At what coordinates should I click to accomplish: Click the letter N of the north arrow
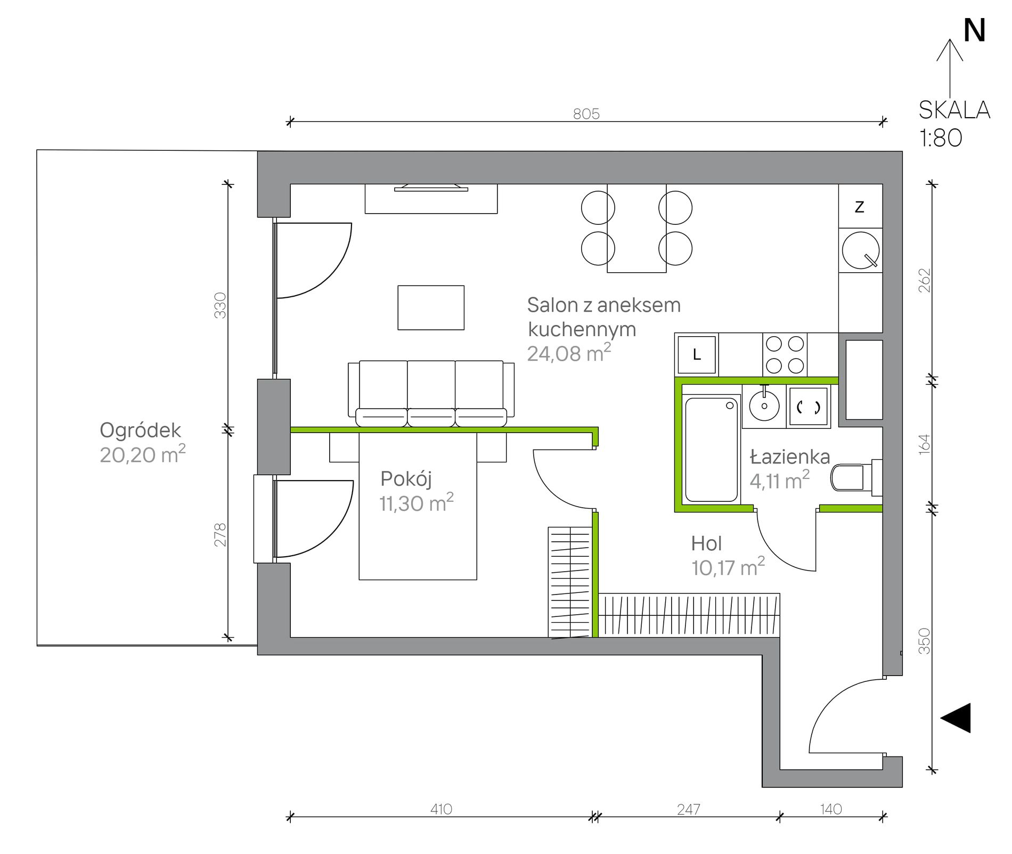pos(974,30)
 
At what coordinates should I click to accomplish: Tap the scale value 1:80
pos(941,138)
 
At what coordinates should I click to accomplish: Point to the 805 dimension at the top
pos(586,114)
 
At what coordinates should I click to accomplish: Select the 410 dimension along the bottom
pos(441,809)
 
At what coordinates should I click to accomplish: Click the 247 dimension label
pos(688,809)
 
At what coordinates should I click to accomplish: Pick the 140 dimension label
pos(831,809)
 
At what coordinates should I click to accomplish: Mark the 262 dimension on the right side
pos(925,280)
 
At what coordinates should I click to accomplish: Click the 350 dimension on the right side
pos(925,641)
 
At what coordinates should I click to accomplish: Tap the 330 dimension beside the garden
pos(220,305)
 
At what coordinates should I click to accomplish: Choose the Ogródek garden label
pos(141,430)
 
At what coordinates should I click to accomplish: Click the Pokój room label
pos(406,479)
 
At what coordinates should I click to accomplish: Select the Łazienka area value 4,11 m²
pos(780,481)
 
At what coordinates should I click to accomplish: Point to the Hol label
pos(706,543)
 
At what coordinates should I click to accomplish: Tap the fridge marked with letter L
pos(697,355)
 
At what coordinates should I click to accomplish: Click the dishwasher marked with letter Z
pos(860,206)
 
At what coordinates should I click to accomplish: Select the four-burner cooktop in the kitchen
pos(785,355)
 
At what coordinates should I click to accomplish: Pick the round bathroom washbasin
pos(764,405)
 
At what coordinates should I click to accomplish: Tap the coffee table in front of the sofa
pos(431,307)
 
